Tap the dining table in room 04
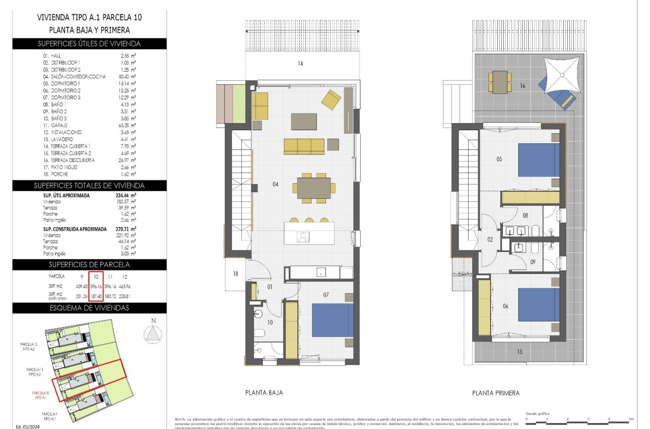[x=314, y=188]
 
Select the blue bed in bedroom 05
[x=539, y=160]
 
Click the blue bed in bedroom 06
[x=539, y=304]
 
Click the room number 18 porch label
[x=235, y=274]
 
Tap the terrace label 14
[x=300, y=64]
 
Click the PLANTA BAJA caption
[x=264, y=392]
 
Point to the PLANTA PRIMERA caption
[x=496, y=393]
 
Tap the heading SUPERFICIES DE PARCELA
[x=89, y=264]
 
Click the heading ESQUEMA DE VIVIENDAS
[x=89, y=308]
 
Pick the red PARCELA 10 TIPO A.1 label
[x=40, y=395]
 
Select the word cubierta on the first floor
[x=462, y=275]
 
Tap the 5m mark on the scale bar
[x=631, y=419]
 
